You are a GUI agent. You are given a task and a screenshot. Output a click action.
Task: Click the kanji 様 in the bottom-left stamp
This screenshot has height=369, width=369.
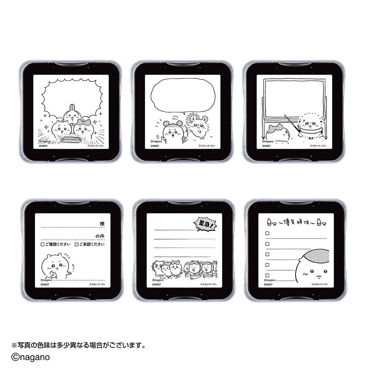102,224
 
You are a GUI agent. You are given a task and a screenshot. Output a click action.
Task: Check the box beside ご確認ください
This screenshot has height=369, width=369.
42,244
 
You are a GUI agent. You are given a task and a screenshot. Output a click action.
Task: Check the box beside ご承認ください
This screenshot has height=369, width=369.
76,244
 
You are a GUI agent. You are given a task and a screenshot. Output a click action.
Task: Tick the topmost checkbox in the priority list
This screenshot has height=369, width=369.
268,233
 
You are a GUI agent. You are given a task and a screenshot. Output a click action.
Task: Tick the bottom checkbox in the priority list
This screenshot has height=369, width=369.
268,275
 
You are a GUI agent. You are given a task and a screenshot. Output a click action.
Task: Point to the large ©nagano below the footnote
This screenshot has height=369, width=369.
30,357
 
